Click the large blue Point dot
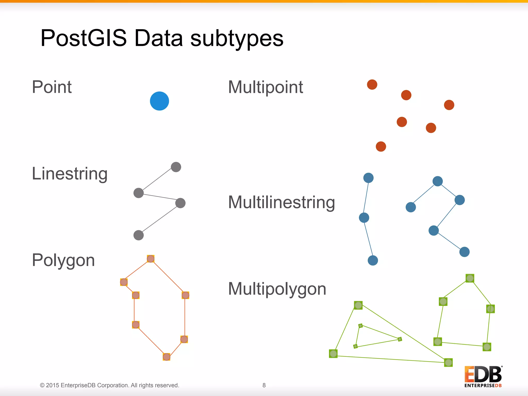click(159, 101)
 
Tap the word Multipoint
click(266, 87)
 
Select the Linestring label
click(70, 174)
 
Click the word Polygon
click(63, 260)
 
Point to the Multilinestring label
click(282, 202)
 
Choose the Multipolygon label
click(277, 289)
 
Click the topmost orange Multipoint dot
click(372, 85)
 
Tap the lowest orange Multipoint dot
click(381, 146)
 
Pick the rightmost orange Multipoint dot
click(449, 105)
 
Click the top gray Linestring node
click(176, 167)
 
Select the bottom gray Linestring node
click(138, 235)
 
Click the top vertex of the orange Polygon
click(151, 259)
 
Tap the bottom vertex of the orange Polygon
click(167, 357)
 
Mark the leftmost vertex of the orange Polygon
click(124, 282)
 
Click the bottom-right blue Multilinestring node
click(464, 252)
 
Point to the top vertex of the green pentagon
click(470, 278)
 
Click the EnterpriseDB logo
click(483, 376)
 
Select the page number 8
click(264, 385)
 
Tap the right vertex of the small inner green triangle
click(400, 339)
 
